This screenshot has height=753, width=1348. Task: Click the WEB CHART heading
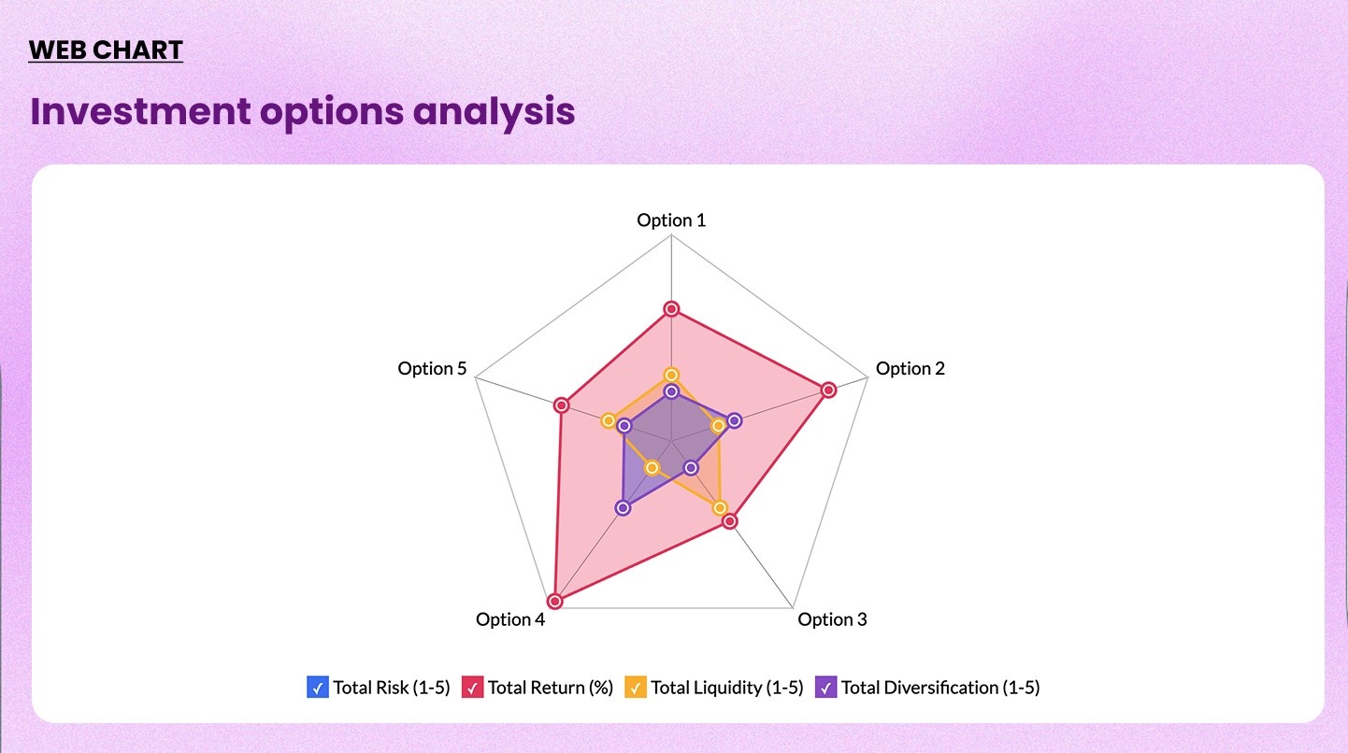click(106, 50)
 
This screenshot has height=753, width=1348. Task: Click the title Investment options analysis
click(302, 111)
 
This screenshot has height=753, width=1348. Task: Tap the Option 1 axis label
click(671, 220)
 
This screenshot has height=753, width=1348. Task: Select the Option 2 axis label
click(910, 368)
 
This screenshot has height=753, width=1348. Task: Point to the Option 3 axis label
click(832, 619)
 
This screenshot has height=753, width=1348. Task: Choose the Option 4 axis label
click(509, 619)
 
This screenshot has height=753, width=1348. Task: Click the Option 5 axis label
click(432, 368)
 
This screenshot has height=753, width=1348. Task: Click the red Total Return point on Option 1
click(671, 309)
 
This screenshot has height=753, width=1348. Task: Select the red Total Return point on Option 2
click(828, 390)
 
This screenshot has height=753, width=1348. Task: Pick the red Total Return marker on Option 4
click(555, 601)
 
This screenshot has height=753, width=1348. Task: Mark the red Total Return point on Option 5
click(561, 405)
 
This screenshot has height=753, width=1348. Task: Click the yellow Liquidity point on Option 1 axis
click(671, 375)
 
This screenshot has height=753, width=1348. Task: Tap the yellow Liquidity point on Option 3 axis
click(720, 508)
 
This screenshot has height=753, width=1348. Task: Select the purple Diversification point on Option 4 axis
click(624, 507)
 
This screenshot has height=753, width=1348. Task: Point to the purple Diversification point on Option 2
click(735, 420)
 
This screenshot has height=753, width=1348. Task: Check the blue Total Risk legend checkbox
click(318, 688)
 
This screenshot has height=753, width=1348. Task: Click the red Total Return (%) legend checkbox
click(473, 688)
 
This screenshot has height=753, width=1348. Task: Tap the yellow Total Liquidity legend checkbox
click(636, 688)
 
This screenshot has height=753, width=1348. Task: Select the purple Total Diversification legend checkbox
click(826, 688)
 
